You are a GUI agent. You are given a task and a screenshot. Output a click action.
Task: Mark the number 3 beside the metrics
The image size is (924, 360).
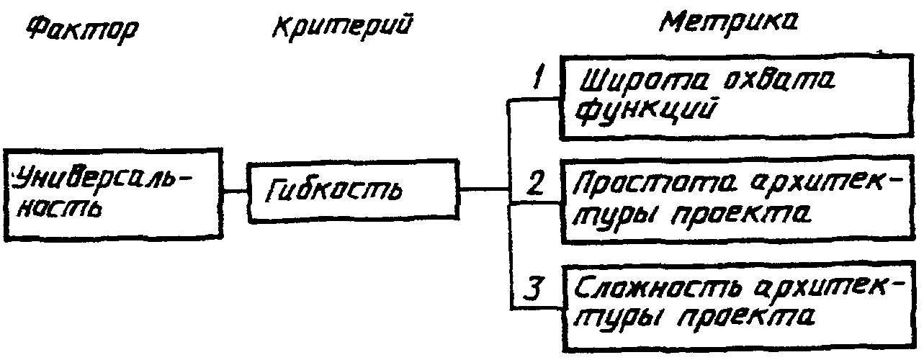(x=532, y=289)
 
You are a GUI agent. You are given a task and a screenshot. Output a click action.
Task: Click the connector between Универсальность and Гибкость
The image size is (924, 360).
(x=234, y=191)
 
